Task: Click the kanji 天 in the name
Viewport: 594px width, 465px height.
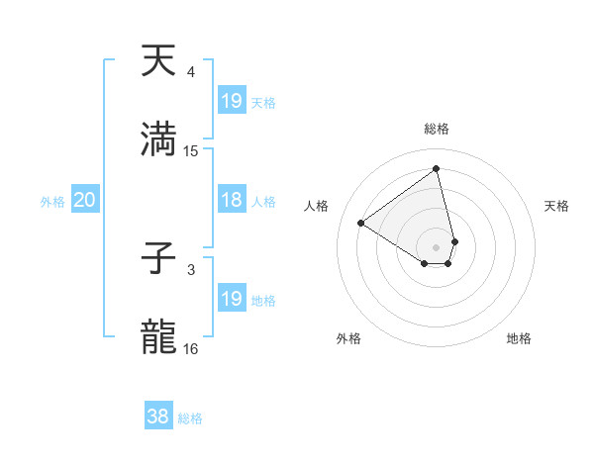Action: pyautogui.click(x=159, y=61)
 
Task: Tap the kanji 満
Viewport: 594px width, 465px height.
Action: pyautogui.click(x=159, y=139)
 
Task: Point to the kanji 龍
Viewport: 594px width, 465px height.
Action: pyautogui.click(x=159, y=337)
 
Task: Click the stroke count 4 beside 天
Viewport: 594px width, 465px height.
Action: pyautogui.click(x=191, y=72)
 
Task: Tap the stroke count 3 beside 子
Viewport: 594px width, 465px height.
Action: pyautogui.click(x=191, y=269)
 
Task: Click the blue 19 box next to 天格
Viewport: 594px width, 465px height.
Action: pyautogui.click(x=232, y=101)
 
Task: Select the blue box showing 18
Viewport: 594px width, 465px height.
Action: pyautogui.click(x=232, y=200)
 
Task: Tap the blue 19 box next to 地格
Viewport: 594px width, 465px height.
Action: pyautogui.click(x=232, y=299)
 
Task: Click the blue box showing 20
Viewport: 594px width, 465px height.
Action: pyautogui.click(x=84, y=200)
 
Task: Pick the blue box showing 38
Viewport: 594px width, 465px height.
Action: pyautogui.click(x=158, y=417)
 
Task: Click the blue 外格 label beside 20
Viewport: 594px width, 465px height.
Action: pyautogui.click(x=52, y=202)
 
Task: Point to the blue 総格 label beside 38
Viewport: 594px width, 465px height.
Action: pyautogui.click(x=190, y=418)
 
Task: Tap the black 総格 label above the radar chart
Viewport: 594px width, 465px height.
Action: pyautogui.click(x=437, y=129)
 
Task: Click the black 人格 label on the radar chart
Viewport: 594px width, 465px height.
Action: pyautogui.click(x=317, y=206)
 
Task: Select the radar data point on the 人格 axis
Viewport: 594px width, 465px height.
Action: pyautogui.click(x=361, y=223)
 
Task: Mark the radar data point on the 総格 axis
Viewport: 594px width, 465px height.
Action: pyautogui.click(x=437, y=168)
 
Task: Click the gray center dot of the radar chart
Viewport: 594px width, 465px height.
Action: pyautogui.click(x=437, y=246)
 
